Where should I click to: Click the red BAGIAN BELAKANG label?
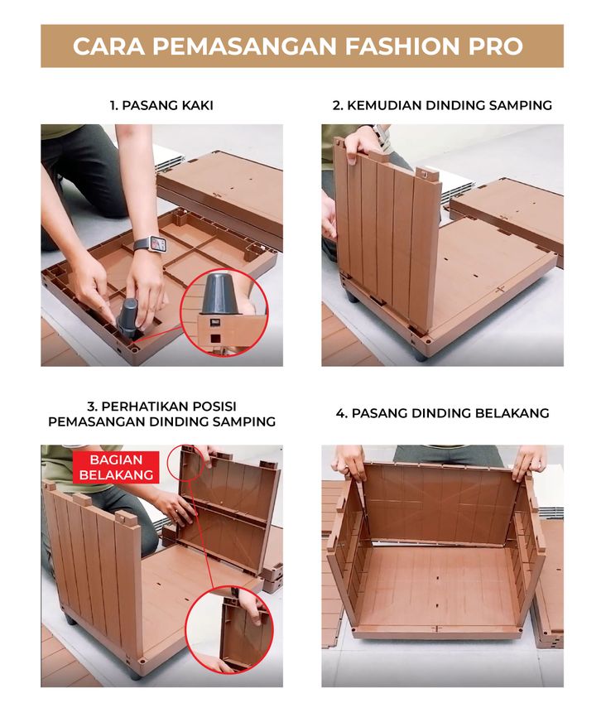tap(116, 467)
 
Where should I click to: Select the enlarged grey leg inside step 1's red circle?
tap(222, 295)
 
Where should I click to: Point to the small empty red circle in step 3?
tap(186, 463)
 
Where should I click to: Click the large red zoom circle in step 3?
tap(229, 630)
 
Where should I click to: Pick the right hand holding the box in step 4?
tap(530, 462)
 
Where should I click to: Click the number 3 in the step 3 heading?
tap(91, 407)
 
